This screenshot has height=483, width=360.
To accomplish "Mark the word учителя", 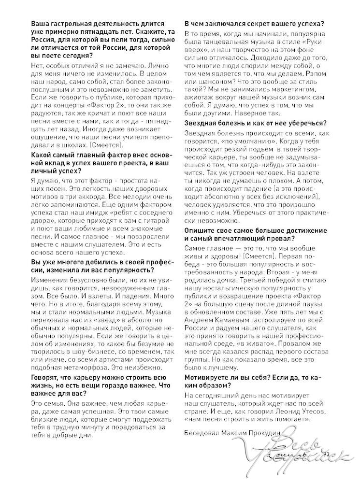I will click(x=126, y=137).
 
